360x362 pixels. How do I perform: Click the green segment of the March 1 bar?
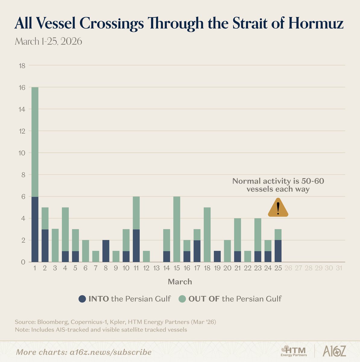pos(35,142)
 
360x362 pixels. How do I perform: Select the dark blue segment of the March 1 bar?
pos(35,229)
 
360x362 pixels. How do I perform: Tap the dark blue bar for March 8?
pos(106,251)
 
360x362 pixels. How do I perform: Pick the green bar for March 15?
pos(177,229)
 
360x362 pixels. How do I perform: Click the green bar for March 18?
pos(207,235)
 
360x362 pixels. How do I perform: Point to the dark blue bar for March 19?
pos(217,256)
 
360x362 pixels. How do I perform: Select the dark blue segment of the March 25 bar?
pos(278,251)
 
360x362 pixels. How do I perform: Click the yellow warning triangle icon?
pos(278,208)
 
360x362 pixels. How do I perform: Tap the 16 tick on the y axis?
pos(22,87)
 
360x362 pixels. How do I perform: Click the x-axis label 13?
pos(156,268)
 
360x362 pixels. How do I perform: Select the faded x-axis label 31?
pos(339,268)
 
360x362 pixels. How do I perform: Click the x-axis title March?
pos(180,282)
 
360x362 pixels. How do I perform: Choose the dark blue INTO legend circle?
pos(82,299)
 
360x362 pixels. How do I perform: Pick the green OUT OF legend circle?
pos(182,299)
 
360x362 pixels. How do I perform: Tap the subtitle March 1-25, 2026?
pos(48,41)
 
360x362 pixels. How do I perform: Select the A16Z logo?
pos(334,351)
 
